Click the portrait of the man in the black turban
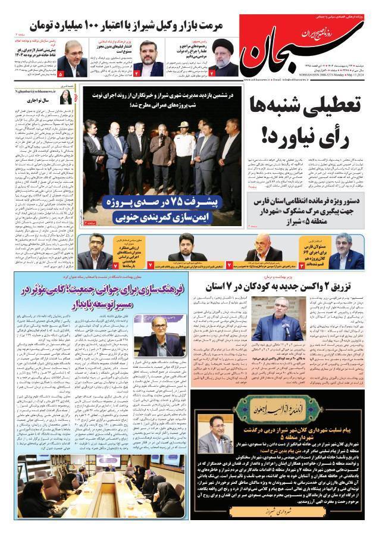226,54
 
